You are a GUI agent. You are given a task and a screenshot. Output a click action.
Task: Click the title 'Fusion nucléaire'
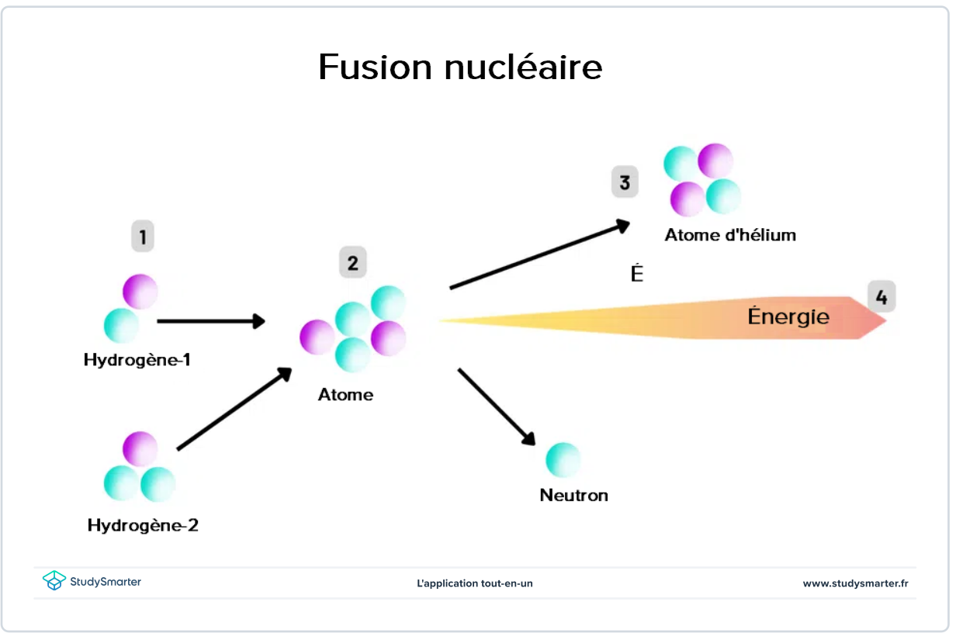460,67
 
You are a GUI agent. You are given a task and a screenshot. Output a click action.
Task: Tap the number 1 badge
142,236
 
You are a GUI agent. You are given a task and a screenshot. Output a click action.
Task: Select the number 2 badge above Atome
352,263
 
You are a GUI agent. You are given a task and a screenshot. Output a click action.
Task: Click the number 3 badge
625,182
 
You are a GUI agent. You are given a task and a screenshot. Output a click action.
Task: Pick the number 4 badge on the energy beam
881,296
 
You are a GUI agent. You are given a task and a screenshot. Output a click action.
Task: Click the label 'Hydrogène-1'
137,361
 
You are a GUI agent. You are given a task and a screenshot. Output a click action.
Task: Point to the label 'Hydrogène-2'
143,525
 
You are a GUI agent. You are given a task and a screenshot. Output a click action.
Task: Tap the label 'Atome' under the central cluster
345,395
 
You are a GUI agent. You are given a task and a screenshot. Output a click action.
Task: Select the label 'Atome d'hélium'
730,235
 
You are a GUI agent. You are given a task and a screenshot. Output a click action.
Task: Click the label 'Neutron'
573,495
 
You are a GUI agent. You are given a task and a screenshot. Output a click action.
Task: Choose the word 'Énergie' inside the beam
788,316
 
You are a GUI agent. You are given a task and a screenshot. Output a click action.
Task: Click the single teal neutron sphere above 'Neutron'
563,459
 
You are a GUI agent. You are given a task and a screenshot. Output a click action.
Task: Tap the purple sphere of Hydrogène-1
140,292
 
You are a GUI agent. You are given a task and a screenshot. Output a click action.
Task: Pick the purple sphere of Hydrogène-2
140,449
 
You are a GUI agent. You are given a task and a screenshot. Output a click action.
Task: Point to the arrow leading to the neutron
497,406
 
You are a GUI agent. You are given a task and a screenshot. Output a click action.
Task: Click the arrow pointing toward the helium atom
539,256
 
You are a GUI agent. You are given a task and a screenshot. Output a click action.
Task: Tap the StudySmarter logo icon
54,581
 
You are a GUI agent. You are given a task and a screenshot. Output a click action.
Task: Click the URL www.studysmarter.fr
855,583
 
